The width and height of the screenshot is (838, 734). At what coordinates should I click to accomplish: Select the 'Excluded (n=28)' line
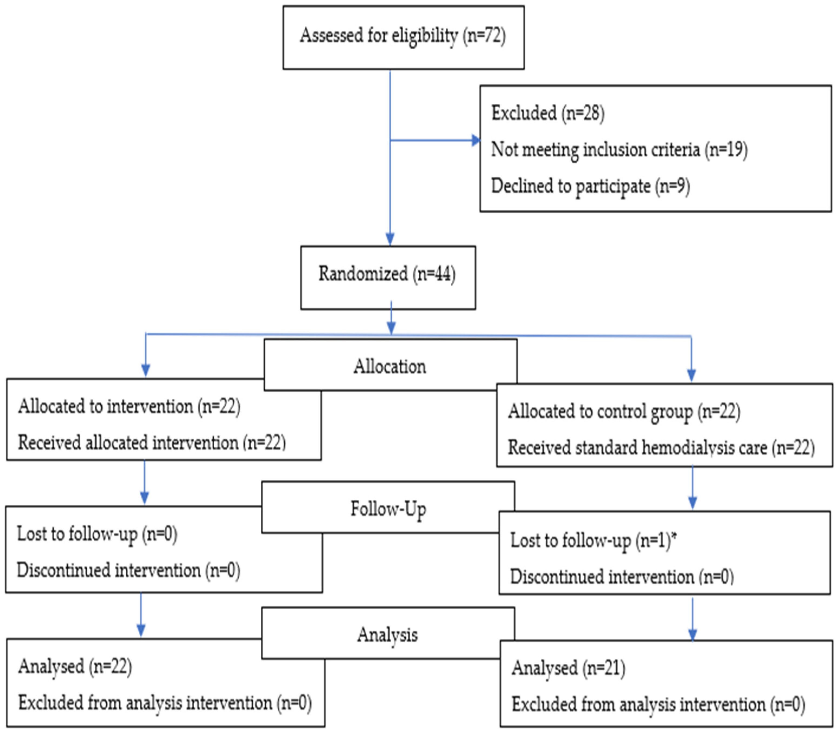click(547, 113)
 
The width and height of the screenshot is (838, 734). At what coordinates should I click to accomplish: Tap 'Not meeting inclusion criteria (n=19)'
click(619, 150)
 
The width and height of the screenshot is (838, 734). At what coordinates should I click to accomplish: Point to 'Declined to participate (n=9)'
click(590, 186)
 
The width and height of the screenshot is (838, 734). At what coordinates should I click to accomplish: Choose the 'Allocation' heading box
click(390, 366)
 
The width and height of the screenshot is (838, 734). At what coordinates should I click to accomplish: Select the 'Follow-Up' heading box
click(388, 509)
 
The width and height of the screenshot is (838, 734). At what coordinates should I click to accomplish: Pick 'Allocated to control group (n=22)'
click(624, 411)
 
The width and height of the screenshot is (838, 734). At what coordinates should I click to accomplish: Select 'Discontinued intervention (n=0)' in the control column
click(621, 577)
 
